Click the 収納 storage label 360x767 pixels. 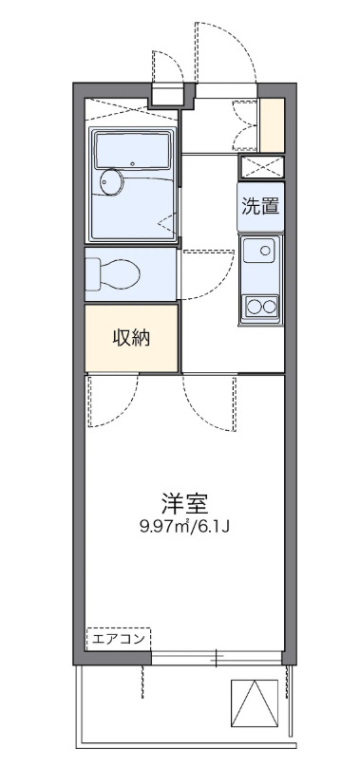[131, 338]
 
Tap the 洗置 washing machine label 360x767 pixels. [260, 206]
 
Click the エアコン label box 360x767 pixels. [119, 639]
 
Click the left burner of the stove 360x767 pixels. [253, 306]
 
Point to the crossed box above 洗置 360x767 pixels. [260, 167]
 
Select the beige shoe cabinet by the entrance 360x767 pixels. [273, 124]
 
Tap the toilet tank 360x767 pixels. [91, 273]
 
